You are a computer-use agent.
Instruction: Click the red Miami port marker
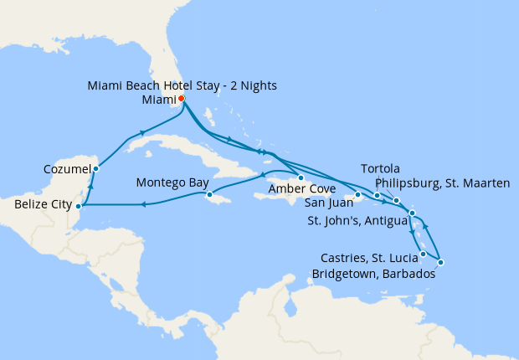click(x=182, y=98)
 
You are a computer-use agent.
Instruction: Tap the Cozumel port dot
click(x=96, y=169)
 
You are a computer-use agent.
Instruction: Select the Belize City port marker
click(x=78, y=205)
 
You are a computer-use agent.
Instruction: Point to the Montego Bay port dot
click(x=209, y=196)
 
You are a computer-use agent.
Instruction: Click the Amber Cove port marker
click(x=301, y=178)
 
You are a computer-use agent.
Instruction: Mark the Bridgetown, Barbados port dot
click(x=440, y=263)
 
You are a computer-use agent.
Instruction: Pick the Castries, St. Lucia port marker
click(x=423, y=254)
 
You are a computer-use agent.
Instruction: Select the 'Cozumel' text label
click(x=66, y=170)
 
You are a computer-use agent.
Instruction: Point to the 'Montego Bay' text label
click(x=172, y=181)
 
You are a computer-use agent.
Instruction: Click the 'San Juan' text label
click(x=327, y=203)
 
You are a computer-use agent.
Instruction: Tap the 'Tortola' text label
click(x=381, y=168)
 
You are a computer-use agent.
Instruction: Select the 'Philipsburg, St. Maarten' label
click(x=442, y=183)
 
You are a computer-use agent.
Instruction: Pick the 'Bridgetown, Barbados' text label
click(x=373, y=273)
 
